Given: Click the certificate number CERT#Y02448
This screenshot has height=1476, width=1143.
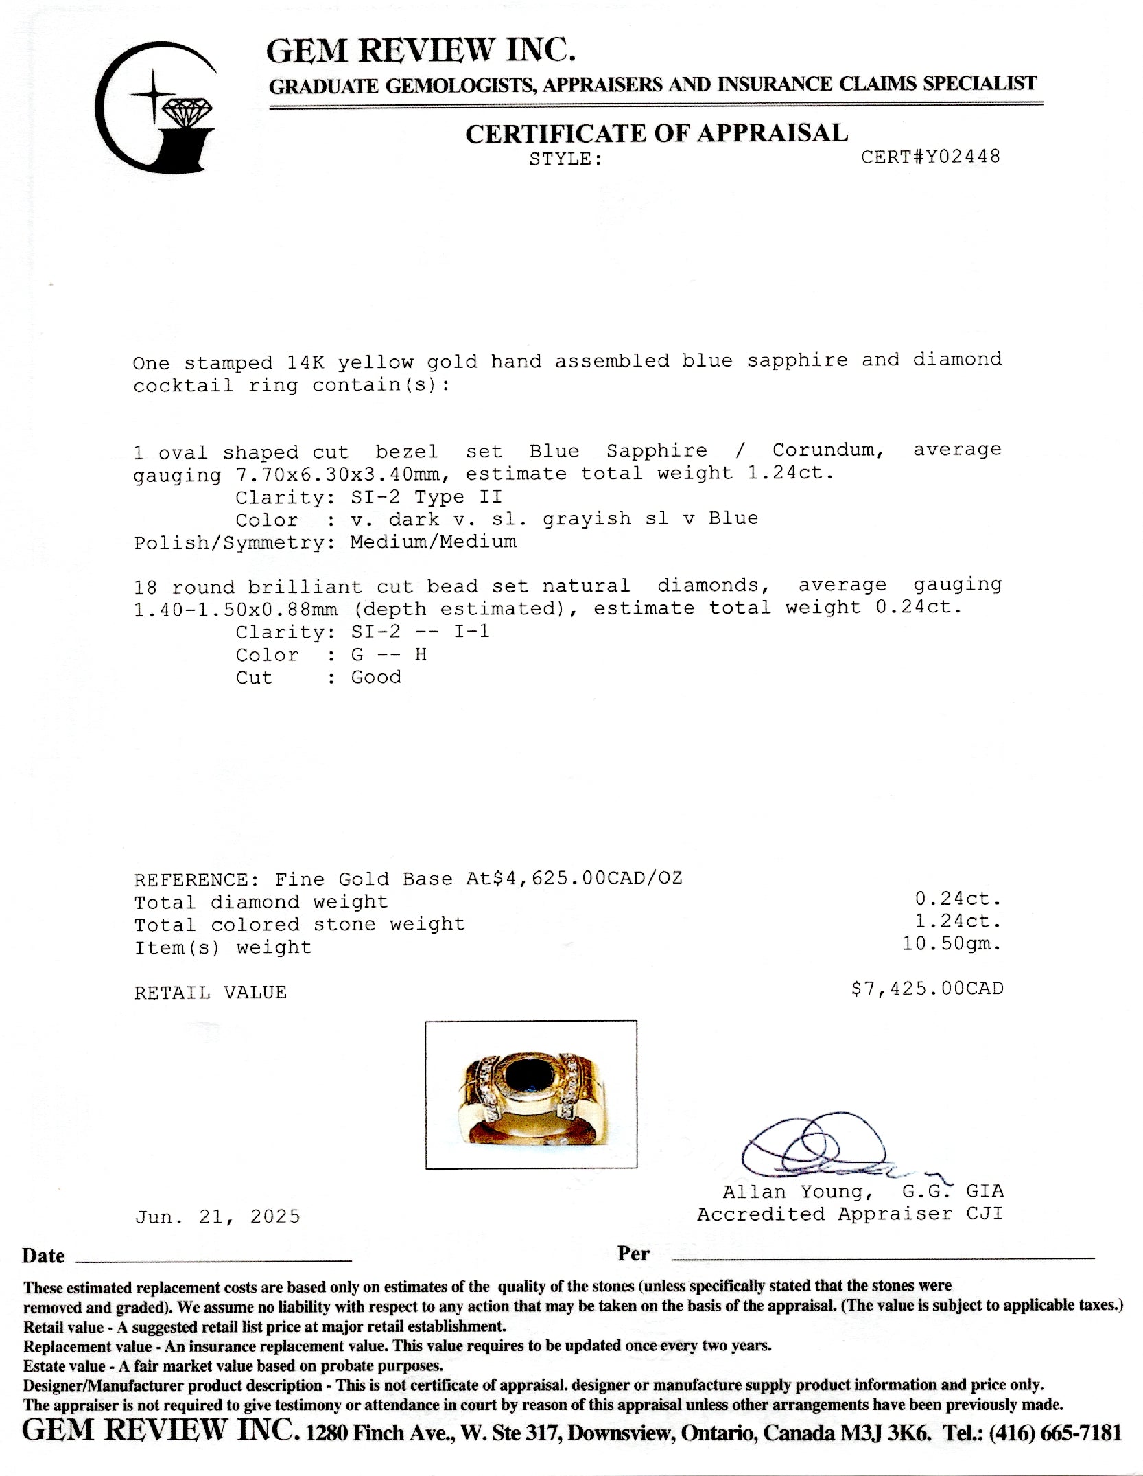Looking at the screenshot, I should coord(930,157).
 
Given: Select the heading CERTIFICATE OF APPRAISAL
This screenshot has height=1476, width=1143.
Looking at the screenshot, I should coord(657,133).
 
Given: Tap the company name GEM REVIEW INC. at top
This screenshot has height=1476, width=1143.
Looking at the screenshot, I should coord(421,51).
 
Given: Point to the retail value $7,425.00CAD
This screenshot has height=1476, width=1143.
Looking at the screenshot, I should coord(927,989).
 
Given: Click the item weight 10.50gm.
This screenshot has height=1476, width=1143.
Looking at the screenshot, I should coord(952,944).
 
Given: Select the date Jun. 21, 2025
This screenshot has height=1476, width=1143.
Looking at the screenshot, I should coord(217,1216).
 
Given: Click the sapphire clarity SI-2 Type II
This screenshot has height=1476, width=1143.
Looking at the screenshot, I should coord(426,496).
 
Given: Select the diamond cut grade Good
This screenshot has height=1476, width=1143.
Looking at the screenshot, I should coord(376,677).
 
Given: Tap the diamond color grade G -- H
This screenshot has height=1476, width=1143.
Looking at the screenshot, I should coord(388,654).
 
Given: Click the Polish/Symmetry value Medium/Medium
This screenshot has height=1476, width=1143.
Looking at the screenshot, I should coord(433,542).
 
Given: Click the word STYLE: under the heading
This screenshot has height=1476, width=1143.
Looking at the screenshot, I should coord(565,159).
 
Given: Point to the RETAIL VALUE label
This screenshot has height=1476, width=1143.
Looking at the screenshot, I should coord(210,992).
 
